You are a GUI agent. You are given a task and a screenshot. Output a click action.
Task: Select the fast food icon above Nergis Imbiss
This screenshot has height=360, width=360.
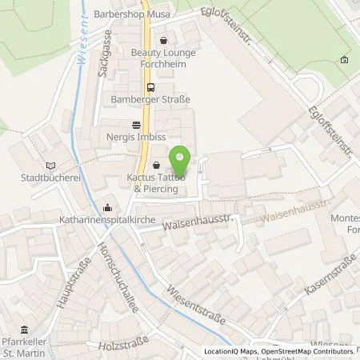pos(136,125)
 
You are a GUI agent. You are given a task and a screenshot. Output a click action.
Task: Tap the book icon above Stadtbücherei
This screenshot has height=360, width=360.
pos(53,164)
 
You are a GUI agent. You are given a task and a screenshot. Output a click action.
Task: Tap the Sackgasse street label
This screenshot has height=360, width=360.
pos(105,54)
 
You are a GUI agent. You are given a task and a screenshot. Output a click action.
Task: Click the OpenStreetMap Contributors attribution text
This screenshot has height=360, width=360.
pos(308,351)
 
